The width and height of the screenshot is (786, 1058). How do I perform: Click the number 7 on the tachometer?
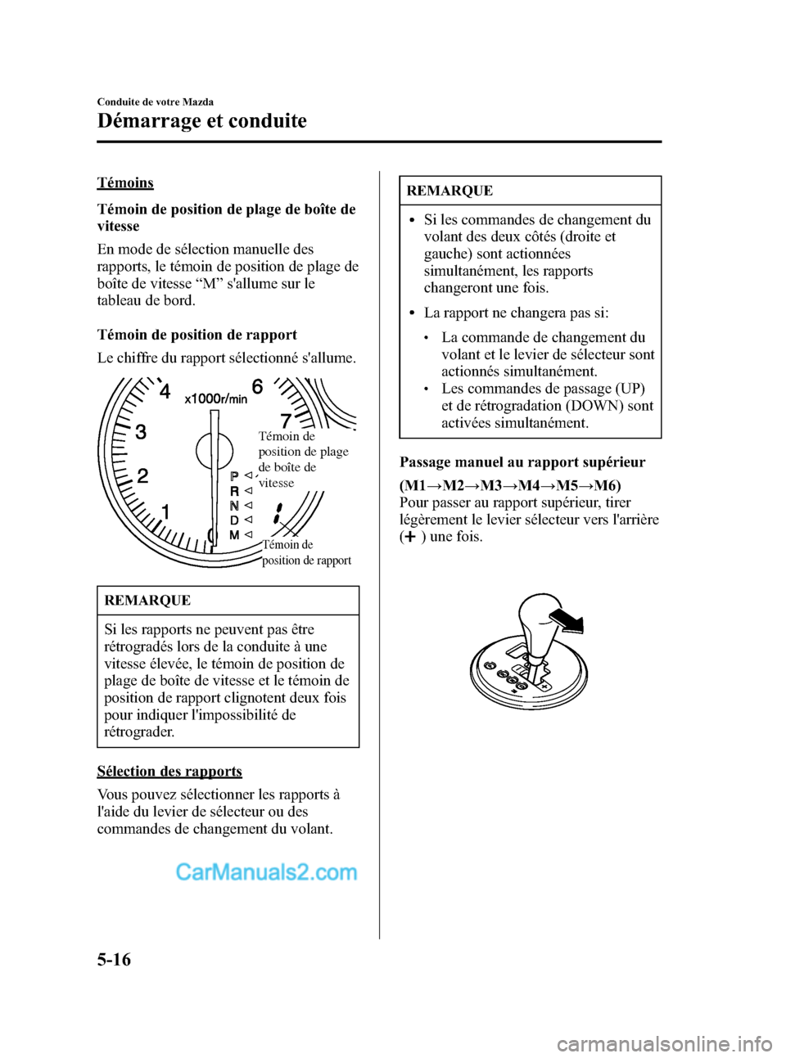286,421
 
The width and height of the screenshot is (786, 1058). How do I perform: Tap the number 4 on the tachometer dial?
165,392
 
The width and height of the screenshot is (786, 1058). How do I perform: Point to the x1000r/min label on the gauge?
216,398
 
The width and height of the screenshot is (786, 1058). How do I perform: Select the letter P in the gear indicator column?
234,476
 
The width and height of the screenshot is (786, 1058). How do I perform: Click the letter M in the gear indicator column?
234,535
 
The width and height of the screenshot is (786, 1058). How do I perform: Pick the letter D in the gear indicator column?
234,520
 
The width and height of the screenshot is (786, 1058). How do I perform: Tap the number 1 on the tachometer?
165,512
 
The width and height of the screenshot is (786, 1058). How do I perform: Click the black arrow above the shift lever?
567,622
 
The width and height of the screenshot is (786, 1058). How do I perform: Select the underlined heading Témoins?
125,182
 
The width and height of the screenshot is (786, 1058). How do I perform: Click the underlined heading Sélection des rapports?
169,772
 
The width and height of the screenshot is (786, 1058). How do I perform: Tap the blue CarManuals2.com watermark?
266,873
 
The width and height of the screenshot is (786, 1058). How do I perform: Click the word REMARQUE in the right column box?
449,191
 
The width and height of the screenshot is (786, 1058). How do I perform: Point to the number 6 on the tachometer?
257,386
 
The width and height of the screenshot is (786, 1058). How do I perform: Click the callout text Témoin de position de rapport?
306,552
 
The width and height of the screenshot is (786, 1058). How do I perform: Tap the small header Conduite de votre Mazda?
156,101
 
